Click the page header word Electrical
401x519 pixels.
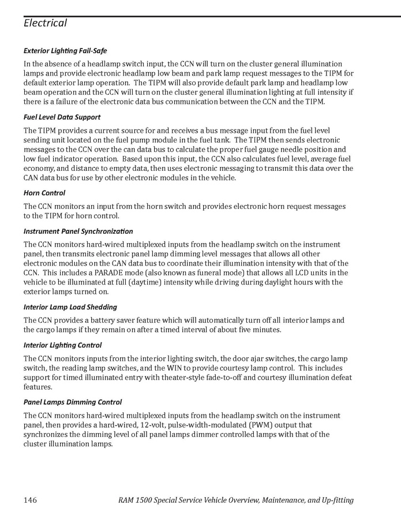(x=46, y=23)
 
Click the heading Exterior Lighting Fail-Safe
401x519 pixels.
(x=65, y=51)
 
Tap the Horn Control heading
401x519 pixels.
(x=44, y=193)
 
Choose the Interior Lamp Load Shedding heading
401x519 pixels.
(x=70, y=307)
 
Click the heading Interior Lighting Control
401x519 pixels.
(x=62, y=345)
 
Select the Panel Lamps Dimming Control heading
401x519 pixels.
(x=73, y=402)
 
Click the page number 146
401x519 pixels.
(x=31, y=500)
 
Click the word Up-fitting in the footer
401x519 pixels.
(x=333, y=500)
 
